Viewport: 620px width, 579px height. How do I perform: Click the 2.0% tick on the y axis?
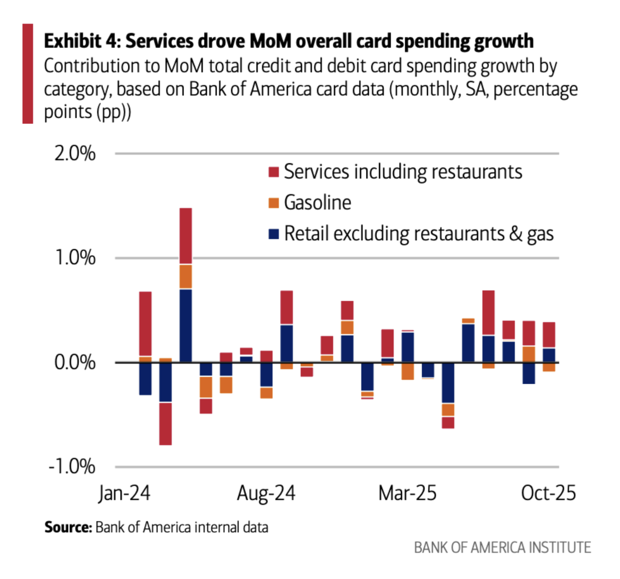(75, 154)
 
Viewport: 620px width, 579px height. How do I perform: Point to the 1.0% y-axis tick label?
(75, 258)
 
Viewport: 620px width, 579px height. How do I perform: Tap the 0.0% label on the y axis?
(75, 362)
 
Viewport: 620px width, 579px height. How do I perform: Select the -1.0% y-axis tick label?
(72, 466)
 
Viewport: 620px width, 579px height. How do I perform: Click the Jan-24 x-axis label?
(124, 493)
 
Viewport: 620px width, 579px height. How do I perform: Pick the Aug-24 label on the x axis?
(266, 493)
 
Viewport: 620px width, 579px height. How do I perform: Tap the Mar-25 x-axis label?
(407, 493)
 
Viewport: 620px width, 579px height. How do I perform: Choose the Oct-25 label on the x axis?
(549, 493)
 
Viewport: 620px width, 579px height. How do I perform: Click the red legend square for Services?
(273, 172)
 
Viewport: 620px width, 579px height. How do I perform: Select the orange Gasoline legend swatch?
(273, 203)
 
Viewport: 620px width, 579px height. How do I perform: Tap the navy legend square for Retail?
(273, 234)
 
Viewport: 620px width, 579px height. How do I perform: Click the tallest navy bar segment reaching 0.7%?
(186, 325)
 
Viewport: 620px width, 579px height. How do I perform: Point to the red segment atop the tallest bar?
(186, 236)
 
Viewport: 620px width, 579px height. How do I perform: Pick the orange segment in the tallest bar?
(186, 276)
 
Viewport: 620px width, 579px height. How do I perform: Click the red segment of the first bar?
(145, 324)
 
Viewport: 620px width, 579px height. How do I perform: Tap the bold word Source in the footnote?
(68, 527)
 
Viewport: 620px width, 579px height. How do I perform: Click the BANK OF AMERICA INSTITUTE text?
(502, 548)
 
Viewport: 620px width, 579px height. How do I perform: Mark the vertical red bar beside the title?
(28, 73)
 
